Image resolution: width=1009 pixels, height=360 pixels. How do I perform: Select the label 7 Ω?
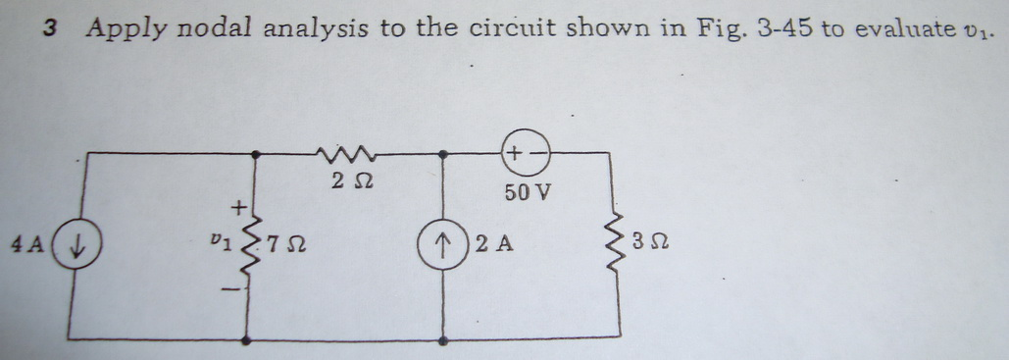click(x=285, y=242)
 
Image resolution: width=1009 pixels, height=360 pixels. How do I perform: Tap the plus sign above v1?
click(x=236, y=207)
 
